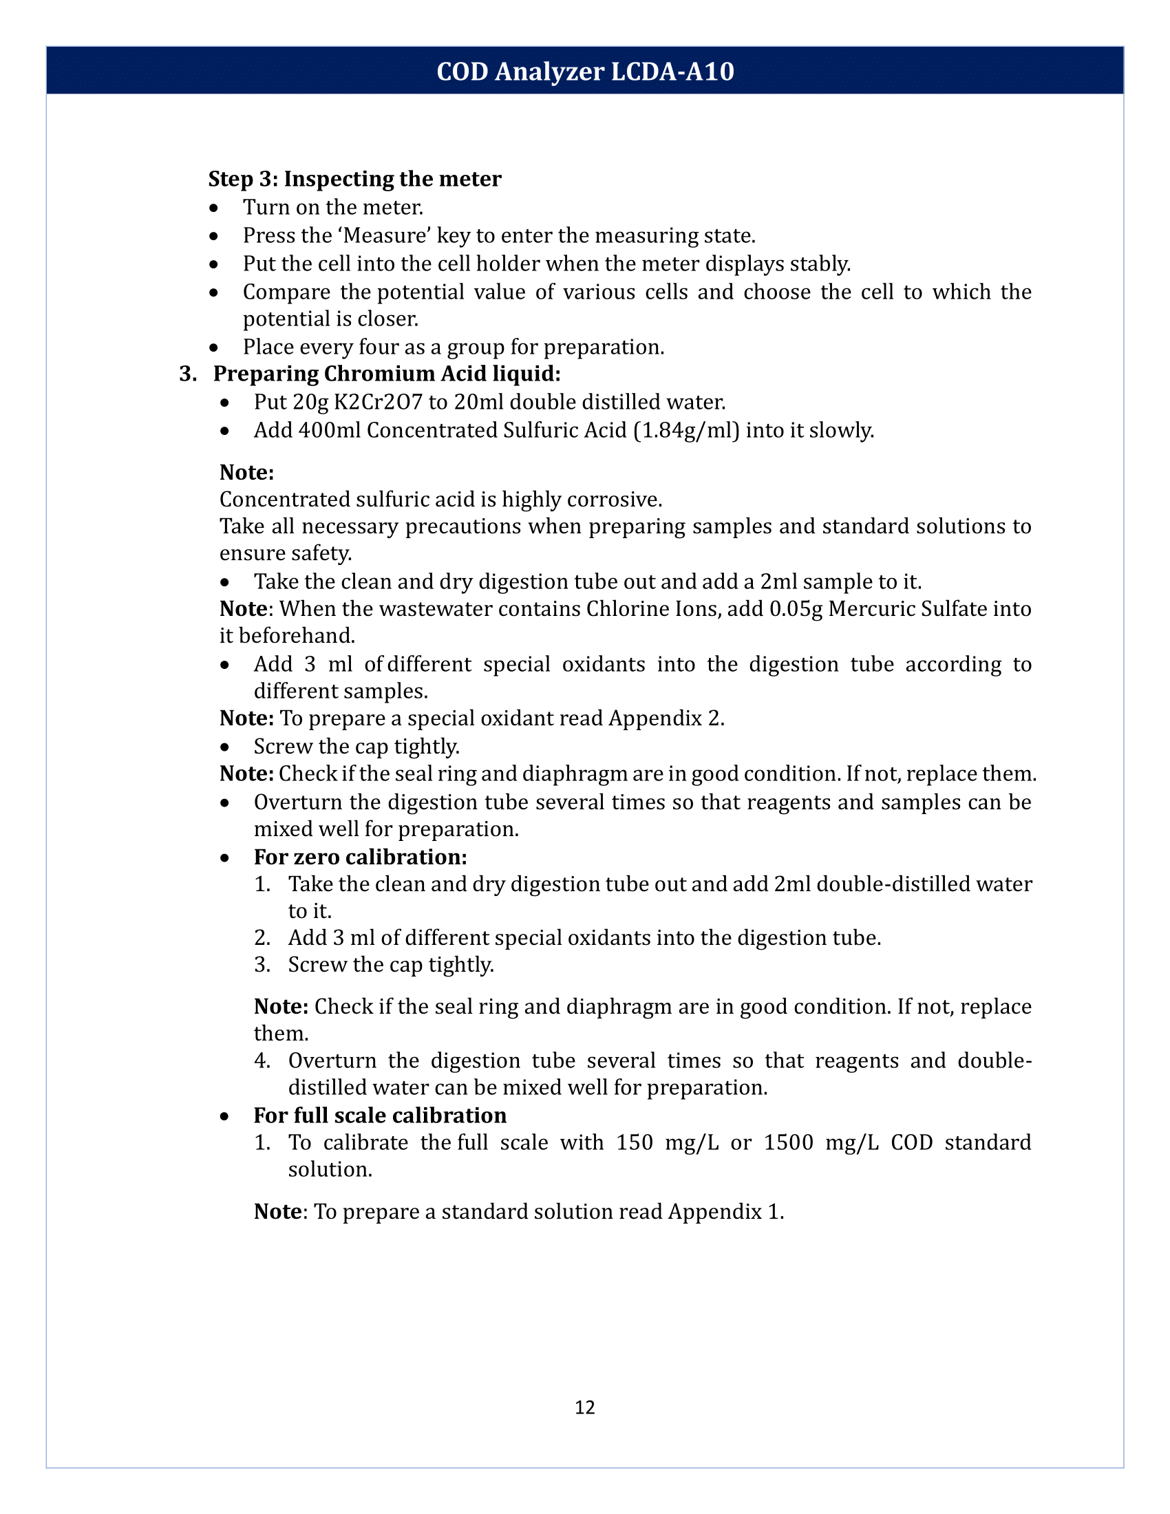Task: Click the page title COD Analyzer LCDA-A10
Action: pos(584,72)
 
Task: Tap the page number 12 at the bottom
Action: pos(584,1407)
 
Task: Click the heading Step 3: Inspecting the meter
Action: pos(354,179)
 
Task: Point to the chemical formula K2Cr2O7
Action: pos(378,402)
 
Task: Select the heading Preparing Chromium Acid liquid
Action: pos(386,374)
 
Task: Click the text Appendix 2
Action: pos(666,718)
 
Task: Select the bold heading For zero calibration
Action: pos(360,857)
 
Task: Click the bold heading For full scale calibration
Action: pos(380,1116)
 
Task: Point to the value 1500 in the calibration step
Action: pos(788,1142)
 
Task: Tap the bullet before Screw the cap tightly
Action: pos(224,747)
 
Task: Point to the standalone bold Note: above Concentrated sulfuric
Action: pos(247,473)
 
